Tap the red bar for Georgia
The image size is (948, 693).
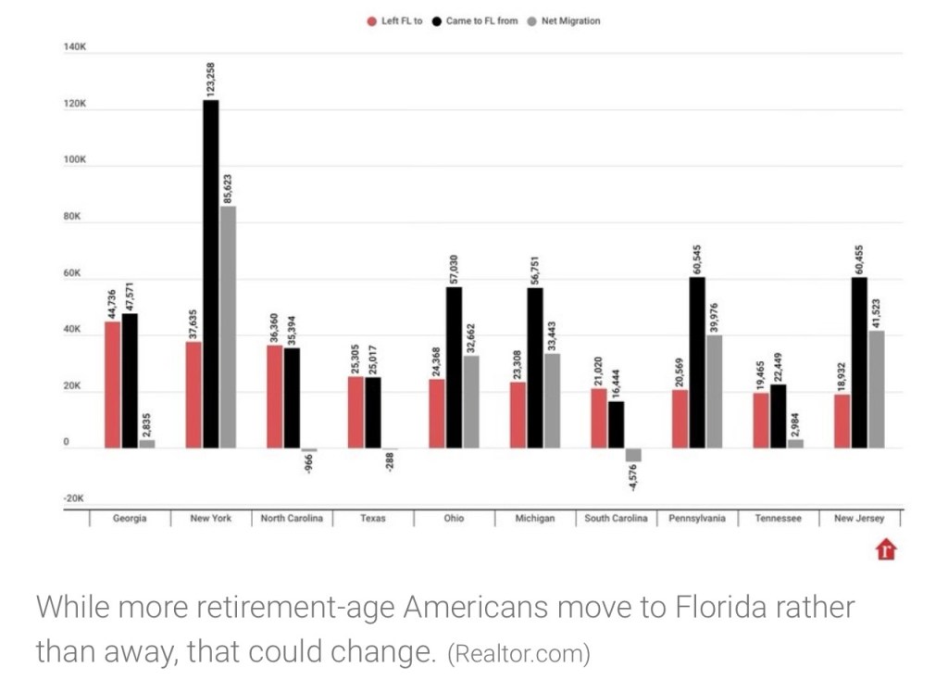(113, 384)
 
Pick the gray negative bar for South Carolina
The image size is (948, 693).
(633, 455)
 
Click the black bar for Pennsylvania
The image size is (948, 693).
(697, 362)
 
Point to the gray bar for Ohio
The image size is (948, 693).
(471, 402)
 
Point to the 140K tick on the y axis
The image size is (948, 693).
(75, 46)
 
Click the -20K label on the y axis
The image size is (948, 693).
(74, 498)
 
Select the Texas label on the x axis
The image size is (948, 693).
(373, 519)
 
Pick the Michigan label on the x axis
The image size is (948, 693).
(535, 519)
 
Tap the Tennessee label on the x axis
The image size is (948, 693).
(779, 519)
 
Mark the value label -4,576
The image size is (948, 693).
(633, 479)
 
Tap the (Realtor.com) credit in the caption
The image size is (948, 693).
(518, 654)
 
